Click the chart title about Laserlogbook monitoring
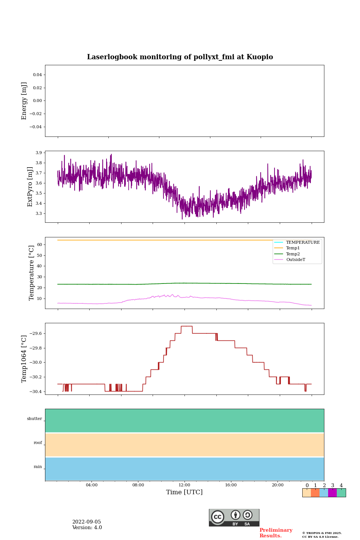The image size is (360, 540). (x=180, y=57)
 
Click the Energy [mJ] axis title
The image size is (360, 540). (x=24, y=101)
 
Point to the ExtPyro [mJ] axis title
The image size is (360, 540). (x=30, y=187)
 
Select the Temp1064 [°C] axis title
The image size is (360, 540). (x=24, y=359)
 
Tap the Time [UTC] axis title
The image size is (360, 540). (x=184, y=492)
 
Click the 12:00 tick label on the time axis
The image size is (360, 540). (x=184, y=485)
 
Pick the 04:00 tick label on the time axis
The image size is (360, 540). (x=91, y=485)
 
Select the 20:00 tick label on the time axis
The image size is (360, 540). (x=277, y=485)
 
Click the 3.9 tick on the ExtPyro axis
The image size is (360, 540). (x=39, y=153)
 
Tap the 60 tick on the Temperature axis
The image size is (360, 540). (x=39, y=245)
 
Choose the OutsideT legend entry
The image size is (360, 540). (x=295, y=260)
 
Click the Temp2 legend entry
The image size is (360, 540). (x=293, y=254)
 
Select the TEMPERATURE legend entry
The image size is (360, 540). (x=303, y=243)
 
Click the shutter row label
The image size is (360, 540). (x=34, y=419)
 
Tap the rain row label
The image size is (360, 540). (x=38, y=467)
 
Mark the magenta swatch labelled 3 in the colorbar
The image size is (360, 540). (x=332, y=493)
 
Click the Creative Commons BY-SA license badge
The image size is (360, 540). (x=234, y=517)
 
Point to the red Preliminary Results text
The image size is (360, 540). (x=276, y=533)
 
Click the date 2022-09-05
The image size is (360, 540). (x=87, y=522)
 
